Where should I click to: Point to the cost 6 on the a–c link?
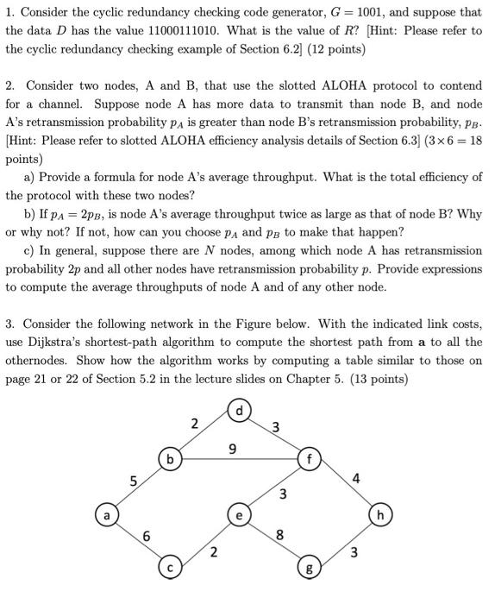click(147, 536)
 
